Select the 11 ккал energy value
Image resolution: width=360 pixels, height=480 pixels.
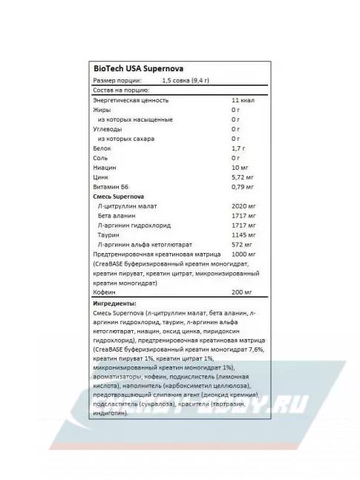(x=242, y=100)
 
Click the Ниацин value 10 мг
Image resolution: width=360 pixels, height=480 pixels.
(x=240, y=168)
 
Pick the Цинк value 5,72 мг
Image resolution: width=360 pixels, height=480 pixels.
(x=242, y=177)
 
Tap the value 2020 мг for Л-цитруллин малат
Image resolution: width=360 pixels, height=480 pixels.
(x=244, y=206)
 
